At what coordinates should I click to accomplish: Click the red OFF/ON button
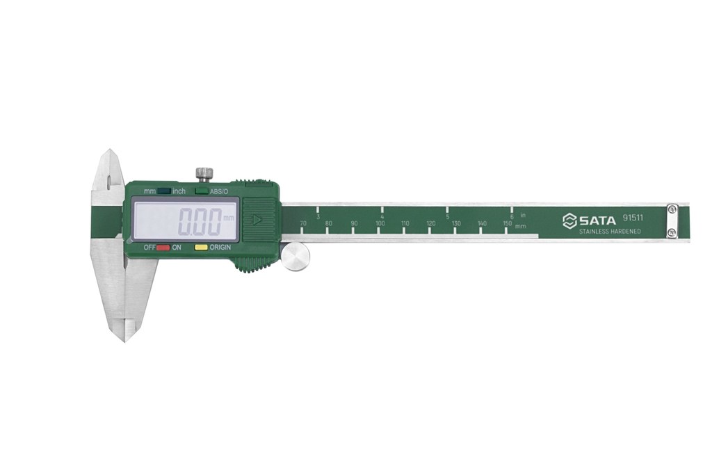(163, 248)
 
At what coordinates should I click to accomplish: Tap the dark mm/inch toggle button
(164, 191)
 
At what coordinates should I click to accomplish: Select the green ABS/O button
(202, 191)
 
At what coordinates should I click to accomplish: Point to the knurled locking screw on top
(204, 172)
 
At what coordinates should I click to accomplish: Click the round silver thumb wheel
(296, 257)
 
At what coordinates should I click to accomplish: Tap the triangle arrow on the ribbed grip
(257, 220)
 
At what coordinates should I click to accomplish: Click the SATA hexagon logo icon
(569, 220)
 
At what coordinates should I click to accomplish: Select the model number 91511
(633, 218)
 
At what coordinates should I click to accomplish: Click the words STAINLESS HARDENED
(610, 232)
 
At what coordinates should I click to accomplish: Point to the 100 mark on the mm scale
(380, 224)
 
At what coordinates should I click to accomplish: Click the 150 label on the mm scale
(508, 224)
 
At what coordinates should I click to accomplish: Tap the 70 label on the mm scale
(303, 224)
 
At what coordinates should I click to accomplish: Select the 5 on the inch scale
(448, 217)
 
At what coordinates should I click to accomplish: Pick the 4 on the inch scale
(382, 217)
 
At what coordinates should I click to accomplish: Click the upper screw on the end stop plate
(672, 209)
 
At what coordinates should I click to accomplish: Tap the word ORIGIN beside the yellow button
(220, 248)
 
